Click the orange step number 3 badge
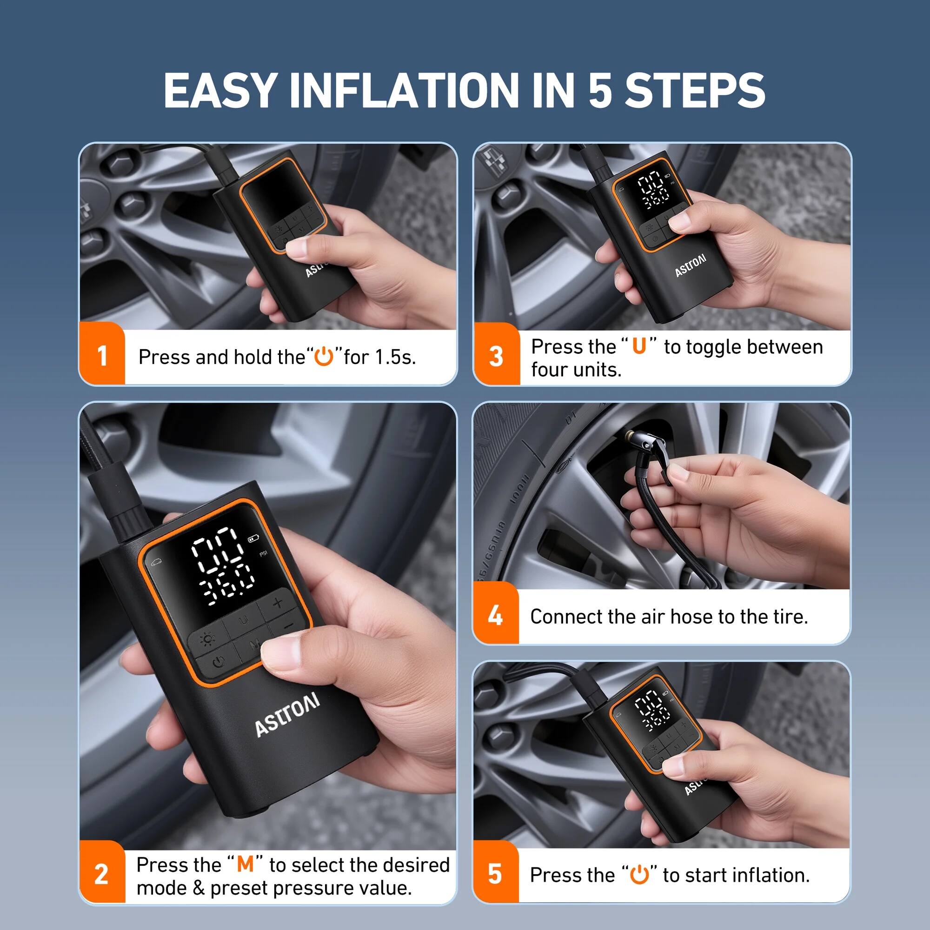(x=496, y=357)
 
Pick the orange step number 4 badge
(x=495, y=616)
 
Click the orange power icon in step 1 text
(x=324, y=357)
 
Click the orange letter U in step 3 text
(x=639, y=346)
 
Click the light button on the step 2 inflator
(x=209, y=639)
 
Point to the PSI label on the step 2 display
(x=263, y=554)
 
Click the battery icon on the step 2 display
(x=254, y=538)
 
